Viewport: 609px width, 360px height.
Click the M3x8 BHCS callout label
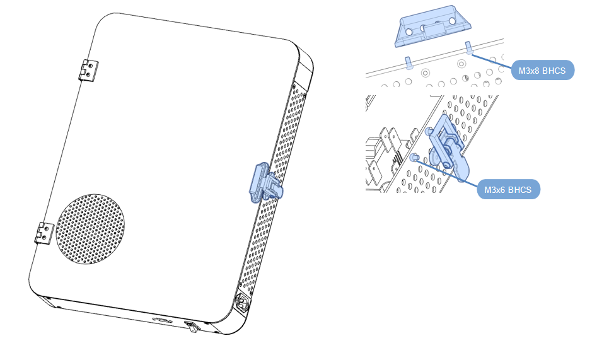pyautogui.click(x=543, y=70)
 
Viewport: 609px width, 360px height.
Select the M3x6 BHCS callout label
pyautogui.click(x=508, y=190)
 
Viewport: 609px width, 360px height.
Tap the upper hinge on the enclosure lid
pyautogui.click(x=88, y=71)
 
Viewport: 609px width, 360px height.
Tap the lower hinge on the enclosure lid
pyautogui.click(x=44, y=233)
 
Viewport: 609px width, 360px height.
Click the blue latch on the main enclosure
pyautogui.click(x=265, y=183)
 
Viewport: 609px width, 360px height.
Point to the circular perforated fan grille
pyautogui.click(x=91, y=229)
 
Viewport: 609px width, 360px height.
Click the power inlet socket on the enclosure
pyautogui.click(x=242, y=303)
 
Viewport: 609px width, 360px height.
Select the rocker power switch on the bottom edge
pyautogui.click(x=192, y=327)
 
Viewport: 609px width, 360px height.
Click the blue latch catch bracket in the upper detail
pyautogui.click(x=433, y=26)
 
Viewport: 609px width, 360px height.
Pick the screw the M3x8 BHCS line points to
pyautogui.click(x=469, y=47)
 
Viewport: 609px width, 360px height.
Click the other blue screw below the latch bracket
pyautogui.click(x=409, y=63)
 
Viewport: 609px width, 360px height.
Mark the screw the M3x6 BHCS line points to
pyautogui.click(x=414, y=157)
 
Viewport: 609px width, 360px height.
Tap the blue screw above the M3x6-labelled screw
pyautogui.click(x=429, y=131)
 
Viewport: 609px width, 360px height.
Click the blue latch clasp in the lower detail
pyautogui.click(x=449, y=148)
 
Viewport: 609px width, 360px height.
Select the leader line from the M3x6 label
pyautogui.click(x=446, y=172)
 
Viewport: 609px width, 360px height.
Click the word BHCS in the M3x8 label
pyautogui.click(x=554, y=71)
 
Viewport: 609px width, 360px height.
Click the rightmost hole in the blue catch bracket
pyautogui.click(x=452, y=21)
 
